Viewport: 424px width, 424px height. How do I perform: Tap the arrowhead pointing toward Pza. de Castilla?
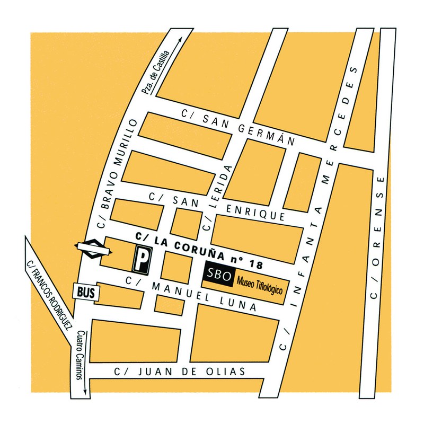tap(180, 39)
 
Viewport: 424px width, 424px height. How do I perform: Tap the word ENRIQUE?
tap(256, 212)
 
